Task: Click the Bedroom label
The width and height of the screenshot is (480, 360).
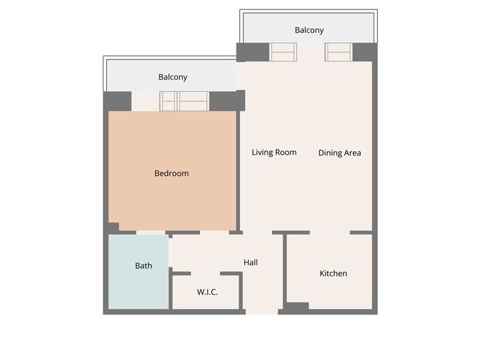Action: [x=172, y=173]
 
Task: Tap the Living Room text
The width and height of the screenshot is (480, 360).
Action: [x=274, y=152]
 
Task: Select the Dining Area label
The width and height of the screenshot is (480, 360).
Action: [x=339, y=153]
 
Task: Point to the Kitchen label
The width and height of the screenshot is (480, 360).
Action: [x=333, y=273]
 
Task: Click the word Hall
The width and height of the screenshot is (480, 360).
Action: [x=250, y=262]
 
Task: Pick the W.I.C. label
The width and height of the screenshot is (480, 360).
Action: [x=207, y=292]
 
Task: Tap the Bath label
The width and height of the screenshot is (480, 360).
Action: [x=143, y=266]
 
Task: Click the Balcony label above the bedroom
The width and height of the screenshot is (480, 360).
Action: [x=172, y=77]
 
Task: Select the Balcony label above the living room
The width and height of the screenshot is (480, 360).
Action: [x=309, y=30]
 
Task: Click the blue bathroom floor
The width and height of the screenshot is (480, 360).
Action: [x=139, y=272]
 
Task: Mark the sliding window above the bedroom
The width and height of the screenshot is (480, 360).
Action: [x=184, y=101]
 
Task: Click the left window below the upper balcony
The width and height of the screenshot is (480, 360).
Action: [x=283, y=52]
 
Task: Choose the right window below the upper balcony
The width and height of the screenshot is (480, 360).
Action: [x=338, y=52]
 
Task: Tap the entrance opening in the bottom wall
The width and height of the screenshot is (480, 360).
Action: [x=262, y=312]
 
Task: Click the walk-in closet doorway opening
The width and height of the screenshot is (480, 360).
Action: [x=206, y=273]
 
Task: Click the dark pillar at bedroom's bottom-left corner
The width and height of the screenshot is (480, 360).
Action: [x=112, y=228]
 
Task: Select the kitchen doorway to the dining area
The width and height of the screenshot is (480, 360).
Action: [x=330, y=233]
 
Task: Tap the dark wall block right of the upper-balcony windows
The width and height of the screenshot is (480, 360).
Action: [x=365, y=52]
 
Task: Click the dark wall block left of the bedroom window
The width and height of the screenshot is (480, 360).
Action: [x=118, y=101]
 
